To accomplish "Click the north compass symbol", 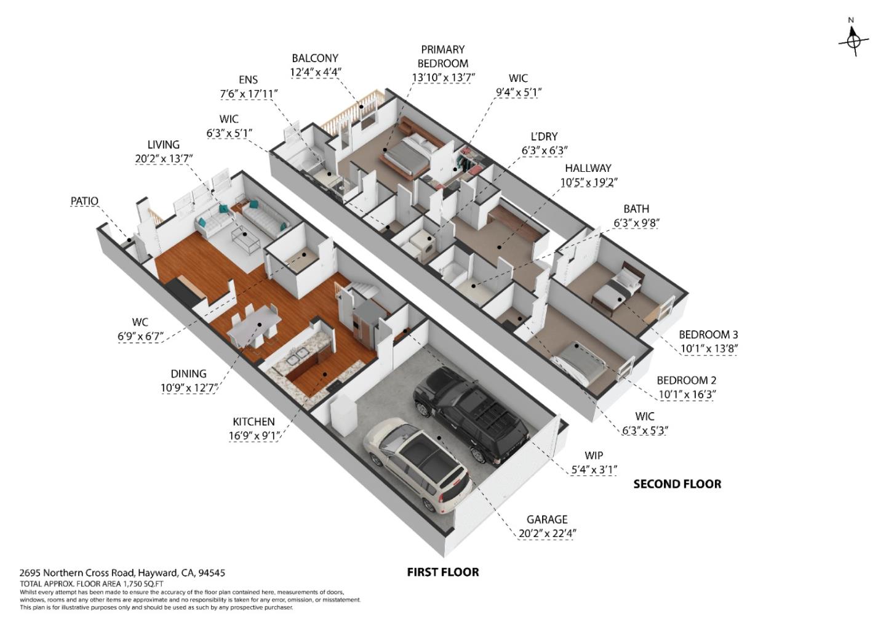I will [853, 41].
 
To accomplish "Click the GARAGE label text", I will [546, 519].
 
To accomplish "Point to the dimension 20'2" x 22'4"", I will [547, 533].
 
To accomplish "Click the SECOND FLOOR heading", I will [677, 484].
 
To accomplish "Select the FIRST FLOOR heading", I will [442, 572].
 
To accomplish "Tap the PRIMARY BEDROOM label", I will [442, 56].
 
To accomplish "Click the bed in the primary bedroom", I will [410, 154].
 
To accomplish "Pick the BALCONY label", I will [315, 58].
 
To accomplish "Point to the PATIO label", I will [84, 201].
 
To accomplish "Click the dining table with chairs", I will [255, 326].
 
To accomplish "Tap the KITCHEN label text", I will [253, 422].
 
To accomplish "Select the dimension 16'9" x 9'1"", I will [254, 436].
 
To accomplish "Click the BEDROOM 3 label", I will [708, 334].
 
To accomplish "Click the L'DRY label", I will [544, 136].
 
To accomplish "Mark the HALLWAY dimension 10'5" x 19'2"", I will [588, 182].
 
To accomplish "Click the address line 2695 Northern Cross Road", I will [122, 573].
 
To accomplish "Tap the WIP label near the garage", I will [593, 456].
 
